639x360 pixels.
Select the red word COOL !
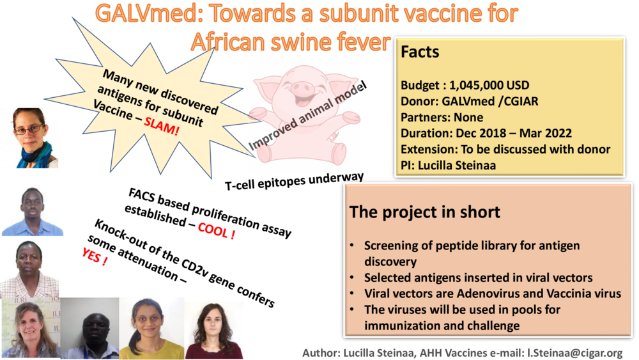point(216,231)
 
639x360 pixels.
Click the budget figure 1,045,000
point(489,85)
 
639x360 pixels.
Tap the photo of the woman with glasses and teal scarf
point(30,137)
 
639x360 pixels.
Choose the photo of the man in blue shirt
point(31,212)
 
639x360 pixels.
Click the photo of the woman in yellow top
point(151,327)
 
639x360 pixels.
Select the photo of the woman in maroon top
point(213,328)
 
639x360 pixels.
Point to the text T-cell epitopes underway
point(294,181)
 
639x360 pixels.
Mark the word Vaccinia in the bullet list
point(554,294)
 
